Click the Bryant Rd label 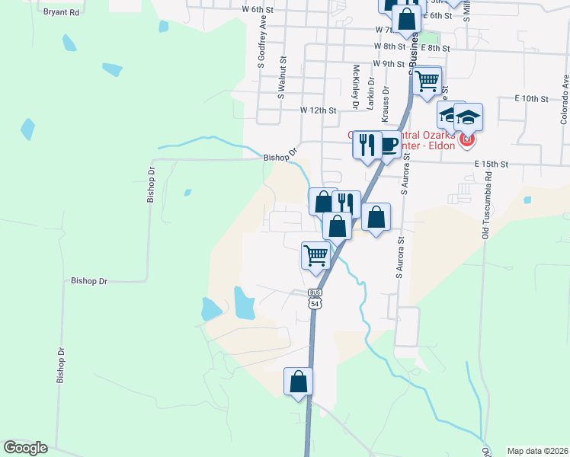pyautogui.click(x=62, y=13)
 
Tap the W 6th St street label pyautogui.click(x=257, y=9)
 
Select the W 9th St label pyautogui.click(x=389, y=64)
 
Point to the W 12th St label pyautogui.click(x=318, y=110)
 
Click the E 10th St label pyautogui.click(x=531, y=99)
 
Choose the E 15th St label pyautogui.click(x=490, y=164)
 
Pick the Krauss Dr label pyautogui.click(x=386, y=103)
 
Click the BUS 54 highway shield pyautogui.click(x=315, y=299)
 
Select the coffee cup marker pyautogui.click(x=389, y=145)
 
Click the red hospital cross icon pyautogui.click(x=466, y=140)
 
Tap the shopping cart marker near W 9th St pyautogui.click(x=427, y=80)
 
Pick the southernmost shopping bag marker pyautogui.click(x=299, y=381)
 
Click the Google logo pyautogui.click(x=25, y=448)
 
